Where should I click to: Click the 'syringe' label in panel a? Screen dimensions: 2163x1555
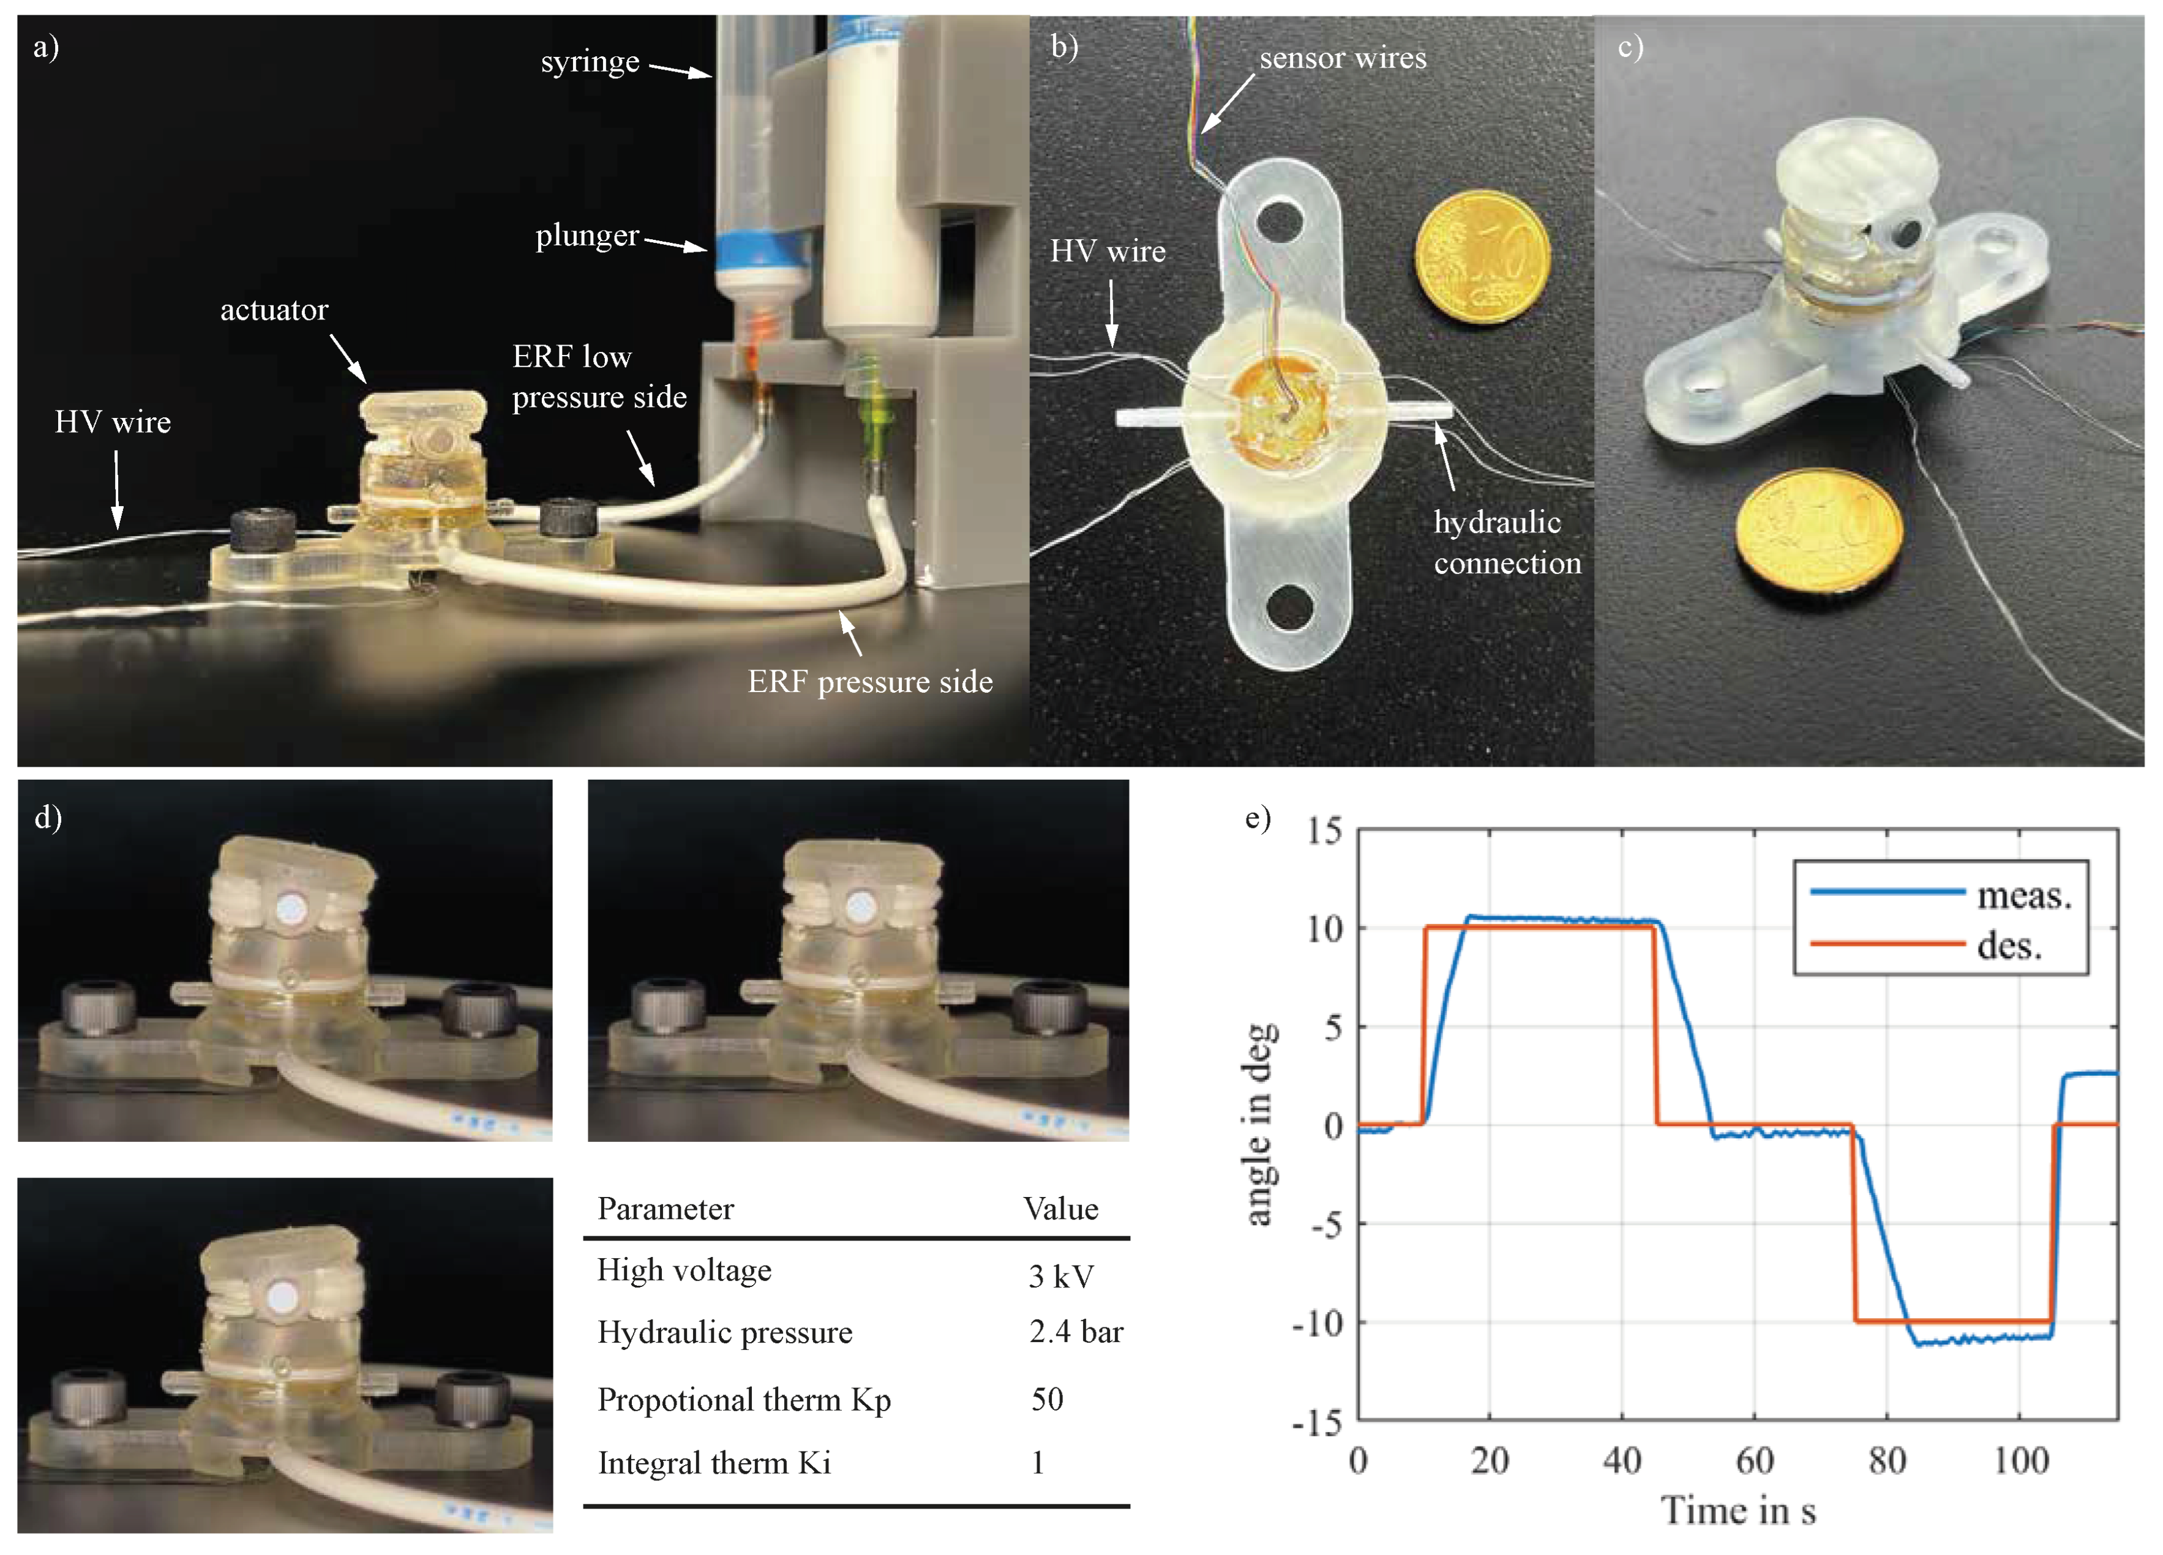[x=590, y=62]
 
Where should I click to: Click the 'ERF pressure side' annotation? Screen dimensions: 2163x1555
[x=870, y=682]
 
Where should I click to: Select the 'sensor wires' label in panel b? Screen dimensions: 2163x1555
[x=1342, y=58]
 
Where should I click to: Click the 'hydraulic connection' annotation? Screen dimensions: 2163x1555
[x=1507, y=542]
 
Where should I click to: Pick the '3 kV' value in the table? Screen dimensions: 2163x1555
[x=1060, y=1276]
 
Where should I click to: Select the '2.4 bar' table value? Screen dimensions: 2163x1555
[x=1076, y=1331]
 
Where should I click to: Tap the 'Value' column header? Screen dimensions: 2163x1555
[x=1060, y=1209]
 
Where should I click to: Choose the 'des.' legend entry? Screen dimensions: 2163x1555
[x=2009, y=945]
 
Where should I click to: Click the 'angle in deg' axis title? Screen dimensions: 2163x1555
[x=1259, y=1125]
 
